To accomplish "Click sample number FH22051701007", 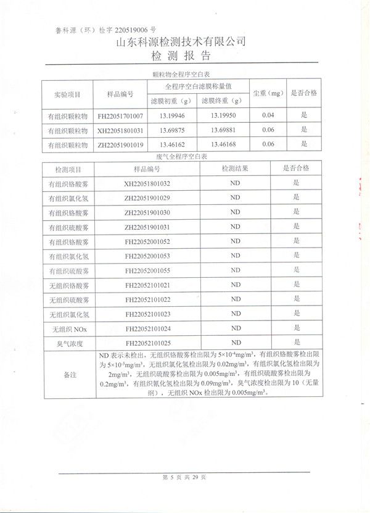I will point(120,115).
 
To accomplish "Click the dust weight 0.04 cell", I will point(268,115).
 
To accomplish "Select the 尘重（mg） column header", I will point(268,94).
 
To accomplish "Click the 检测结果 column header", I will point(235,169).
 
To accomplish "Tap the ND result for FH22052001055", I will point(235,270).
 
